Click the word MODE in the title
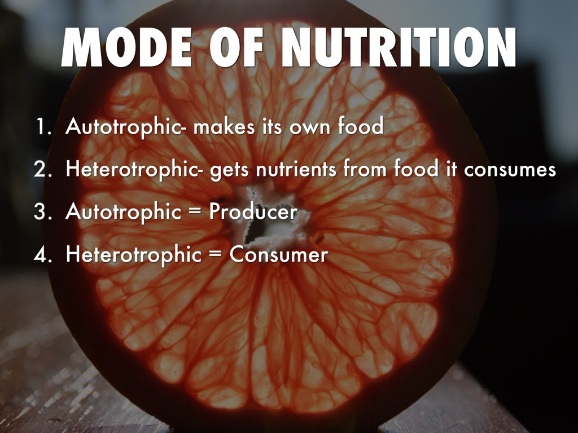click(x=127, y=47)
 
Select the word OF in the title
click(x=237, y=47)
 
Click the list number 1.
click(x=43, y=126)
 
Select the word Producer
click(x=253, y=212)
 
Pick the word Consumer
click(x=279, y=254)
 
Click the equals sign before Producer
click(x=195, y=213)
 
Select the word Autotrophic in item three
click(x=124, y=213)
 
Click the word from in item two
click(x=365, y=169)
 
